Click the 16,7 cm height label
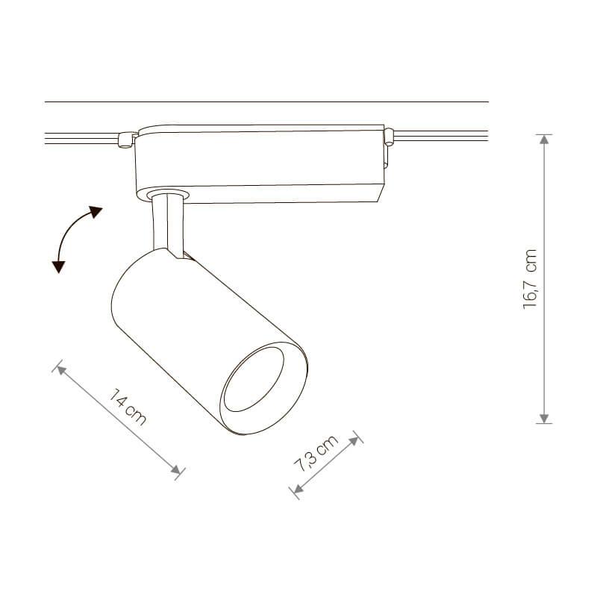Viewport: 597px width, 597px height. (530, 278)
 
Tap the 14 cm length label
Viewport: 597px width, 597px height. (127, 407)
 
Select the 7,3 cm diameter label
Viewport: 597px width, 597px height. (316, 453)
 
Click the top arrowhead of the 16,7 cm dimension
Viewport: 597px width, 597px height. (544, 140)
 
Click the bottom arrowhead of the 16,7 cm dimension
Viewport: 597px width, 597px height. (544, 418)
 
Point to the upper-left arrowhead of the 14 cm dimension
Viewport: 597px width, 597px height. (62, 369)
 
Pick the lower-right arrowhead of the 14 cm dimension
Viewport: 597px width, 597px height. (175, 470)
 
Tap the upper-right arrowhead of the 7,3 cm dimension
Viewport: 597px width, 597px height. (354, 441)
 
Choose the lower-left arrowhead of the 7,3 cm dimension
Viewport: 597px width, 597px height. (298, 489)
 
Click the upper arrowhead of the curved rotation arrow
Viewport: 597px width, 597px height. (96, 211)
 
